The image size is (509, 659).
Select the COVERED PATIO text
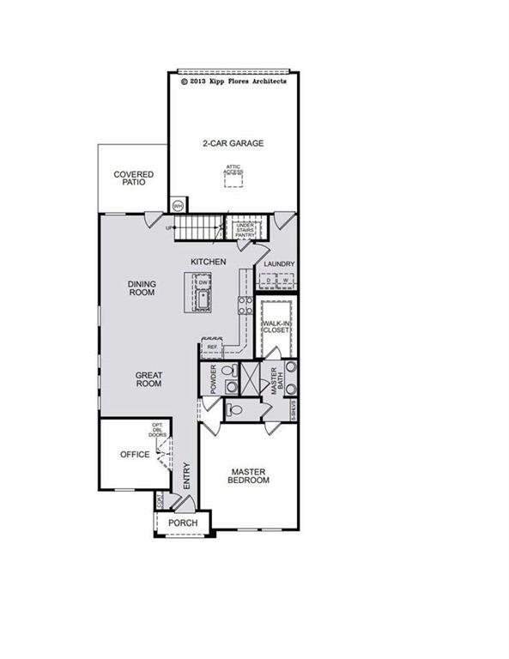[134, 178]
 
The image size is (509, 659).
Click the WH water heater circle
[179, 206]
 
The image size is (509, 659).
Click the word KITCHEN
[208, 261]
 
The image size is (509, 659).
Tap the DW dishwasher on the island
[203, 282]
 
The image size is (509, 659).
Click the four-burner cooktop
[244, 306]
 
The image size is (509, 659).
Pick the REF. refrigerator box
[212, 347]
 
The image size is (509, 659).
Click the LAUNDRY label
[279, 264]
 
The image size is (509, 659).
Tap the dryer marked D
[269, 281]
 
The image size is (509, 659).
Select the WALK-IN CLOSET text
[278, 329]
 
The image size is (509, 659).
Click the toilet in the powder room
[228, 372]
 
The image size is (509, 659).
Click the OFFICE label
[134, 455]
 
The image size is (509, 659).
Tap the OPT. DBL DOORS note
[158, 431]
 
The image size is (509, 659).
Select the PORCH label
[183, 523]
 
